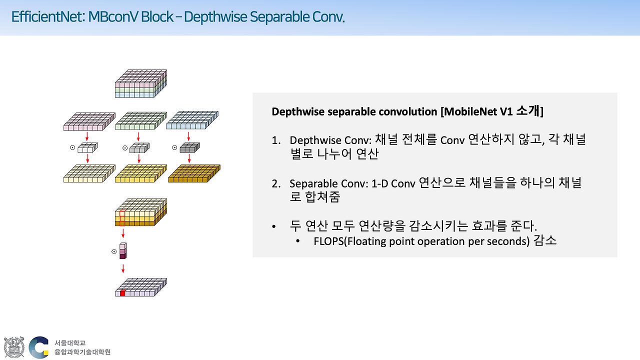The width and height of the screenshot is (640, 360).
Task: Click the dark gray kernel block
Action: click(189, 147)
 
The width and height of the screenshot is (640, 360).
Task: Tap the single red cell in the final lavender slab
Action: click(122, 293)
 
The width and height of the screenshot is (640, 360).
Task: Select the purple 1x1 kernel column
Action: click(123, 251)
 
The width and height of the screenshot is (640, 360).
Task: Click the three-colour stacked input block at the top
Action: click(140, 83)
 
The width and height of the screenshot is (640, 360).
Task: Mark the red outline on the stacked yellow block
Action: click(122, 218)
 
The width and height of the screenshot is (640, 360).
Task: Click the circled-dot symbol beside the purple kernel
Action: click(114, 251)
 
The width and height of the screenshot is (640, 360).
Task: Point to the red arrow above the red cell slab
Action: click(123, 268)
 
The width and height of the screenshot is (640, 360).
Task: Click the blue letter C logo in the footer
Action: click(38, 347)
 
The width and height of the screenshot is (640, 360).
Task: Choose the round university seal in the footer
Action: click(13, 347)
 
